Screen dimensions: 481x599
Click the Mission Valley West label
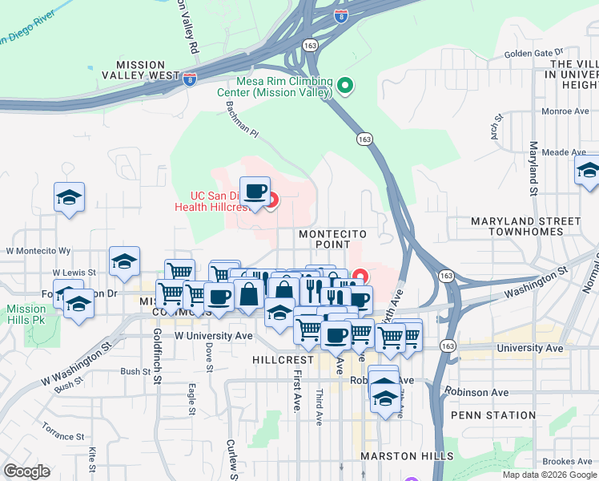(151, 70)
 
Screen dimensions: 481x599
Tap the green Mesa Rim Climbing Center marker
(345, 83)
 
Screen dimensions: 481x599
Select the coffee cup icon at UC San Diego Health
(255, 192)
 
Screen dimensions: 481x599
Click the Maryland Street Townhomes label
(525, 226)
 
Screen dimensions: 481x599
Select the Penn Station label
(492, 415)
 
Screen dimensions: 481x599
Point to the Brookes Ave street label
(567, 461)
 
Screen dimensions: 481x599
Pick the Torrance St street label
(63, 430)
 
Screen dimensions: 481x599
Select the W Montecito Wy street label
(38, 251)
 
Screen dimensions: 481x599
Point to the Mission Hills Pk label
(26, 314)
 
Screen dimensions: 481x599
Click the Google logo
(26, 471)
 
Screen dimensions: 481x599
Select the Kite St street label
(93, 460)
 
